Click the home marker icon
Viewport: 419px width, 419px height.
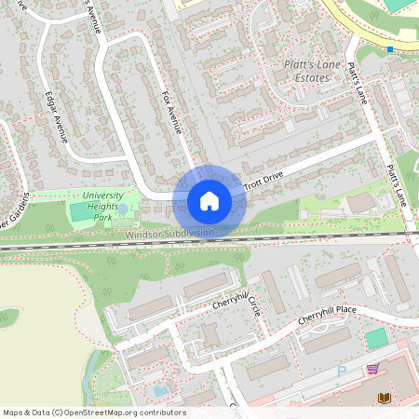209,201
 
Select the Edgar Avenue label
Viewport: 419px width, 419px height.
56,116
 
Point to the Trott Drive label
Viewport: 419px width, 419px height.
264,178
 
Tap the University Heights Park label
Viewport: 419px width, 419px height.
102,207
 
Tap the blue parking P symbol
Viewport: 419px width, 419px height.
341,371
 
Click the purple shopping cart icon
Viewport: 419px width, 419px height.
372,370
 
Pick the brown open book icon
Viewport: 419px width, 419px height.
383,398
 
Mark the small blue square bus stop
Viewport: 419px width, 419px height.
390,48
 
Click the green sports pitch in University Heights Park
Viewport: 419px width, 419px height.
81,211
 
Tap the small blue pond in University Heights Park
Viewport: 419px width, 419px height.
123,210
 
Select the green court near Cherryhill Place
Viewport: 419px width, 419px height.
375,339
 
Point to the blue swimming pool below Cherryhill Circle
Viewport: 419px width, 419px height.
160,391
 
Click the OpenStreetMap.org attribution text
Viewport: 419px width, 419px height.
121,412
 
